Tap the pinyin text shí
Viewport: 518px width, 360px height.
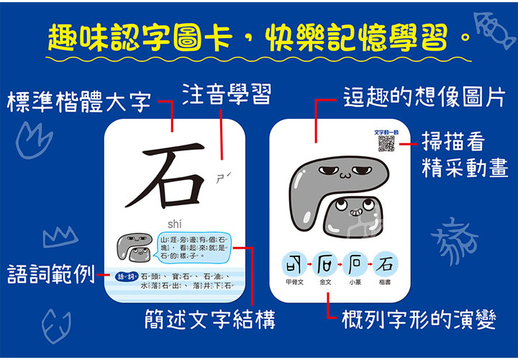tap(175, 223)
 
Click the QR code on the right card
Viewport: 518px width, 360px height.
tap(386, 145)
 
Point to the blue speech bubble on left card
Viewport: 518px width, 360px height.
tap(191, 246)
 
